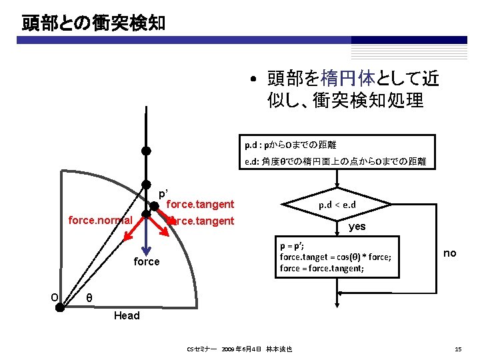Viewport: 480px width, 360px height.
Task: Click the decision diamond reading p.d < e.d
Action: (331, 205)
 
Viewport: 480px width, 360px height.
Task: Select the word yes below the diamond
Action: (357, 227)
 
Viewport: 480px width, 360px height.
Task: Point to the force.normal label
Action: (101, 219)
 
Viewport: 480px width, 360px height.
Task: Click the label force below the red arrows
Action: (147, 261)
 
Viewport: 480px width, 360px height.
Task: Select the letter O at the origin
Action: (55, 297)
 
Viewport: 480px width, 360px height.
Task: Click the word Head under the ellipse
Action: (127, 315)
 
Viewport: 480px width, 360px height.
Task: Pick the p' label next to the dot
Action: (163, 194)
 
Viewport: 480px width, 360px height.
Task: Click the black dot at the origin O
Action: (60, 307)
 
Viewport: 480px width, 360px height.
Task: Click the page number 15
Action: (457, 349)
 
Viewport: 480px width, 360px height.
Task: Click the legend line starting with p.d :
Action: (290, 144)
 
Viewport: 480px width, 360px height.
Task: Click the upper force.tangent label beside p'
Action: (200, 204)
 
